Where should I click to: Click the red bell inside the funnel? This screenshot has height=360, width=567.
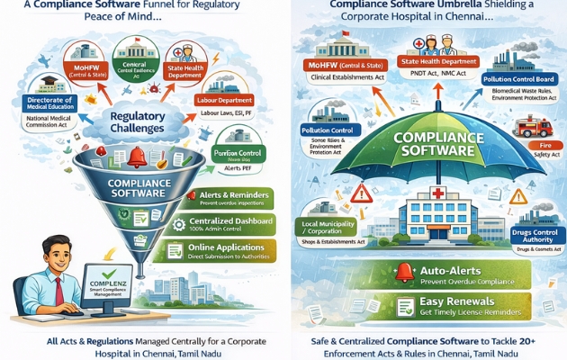138,157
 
